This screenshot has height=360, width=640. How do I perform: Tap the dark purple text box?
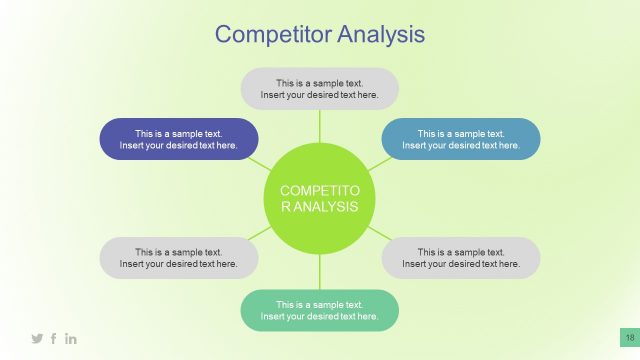[179, 139]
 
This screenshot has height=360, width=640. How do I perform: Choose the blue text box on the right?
[461, 139]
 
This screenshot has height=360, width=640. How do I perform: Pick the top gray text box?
[319, 88]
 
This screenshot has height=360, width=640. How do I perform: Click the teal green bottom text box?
[319, 310]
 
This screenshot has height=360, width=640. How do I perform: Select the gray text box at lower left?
[179, 258]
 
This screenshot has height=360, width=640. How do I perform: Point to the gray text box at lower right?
[461, 258]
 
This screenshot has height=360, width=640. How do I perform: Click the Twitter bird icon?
[37, 339]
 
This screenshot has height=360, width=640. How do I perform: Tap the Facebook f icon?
[54, 339]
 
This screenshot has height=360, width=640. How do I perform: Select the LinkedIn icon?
[71, 339]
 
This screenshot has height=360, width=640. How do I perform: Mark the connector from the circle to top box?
[319, 125]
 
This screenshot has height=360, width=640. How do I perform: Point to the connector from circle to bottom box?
[319, 272]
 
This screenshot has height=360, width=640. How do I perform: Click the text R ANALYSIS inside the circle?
[319, 207]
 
